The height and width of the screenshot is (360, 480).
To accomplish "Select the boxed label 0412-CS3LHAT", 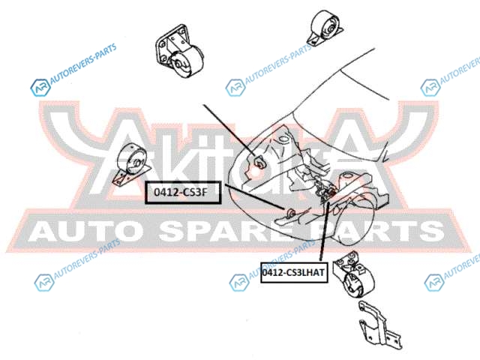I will (293, 273).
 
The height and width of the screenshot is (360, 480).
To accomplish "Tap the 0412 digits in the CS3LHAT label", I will (274, 273).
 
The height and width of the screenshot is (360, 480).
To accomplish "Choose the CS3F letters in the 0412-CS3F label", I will (196, 192).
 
